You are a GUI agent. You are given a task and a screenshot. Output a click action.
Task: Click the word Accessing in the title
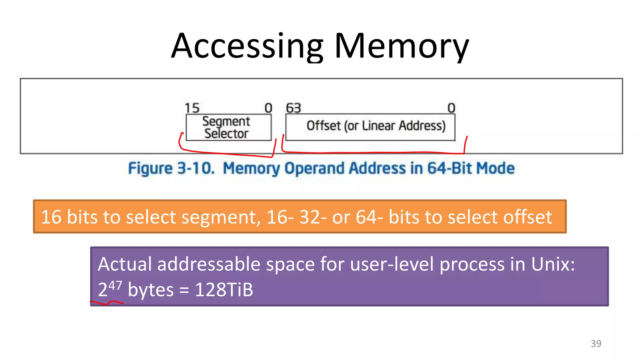247,46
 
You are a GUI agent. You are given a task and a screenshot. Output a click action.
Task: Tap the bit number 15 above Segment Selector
192,108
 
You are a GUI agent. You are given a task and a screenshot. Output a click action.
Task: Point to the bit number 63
293,108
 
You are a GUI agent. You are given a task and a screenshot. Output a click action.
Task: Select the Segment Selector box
228,127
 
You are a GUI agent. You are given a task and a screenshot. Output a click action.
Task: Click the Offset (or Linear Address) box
370,127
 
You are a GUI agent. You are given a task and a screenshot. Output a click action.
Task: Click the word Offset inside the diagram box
323,126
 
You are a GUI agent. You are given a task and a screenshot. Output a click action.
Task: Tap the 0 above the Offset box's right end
451,108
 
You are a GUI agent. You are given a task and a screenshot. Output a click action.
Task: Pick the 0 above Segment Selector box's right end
268,108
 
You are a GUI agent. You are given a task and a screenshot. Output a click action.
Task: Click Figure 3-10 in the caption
171,168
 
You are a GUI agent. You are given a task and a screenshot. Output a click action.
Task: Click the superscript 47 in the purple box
115,285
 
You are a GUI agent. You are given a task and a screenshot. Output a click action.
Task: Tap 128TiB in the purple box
224,290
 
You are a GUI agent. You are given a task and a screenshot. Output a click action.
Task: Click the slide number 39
596,343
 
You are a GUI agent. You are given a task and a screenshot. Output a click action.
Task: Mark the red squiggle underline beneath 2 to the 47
107,302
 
